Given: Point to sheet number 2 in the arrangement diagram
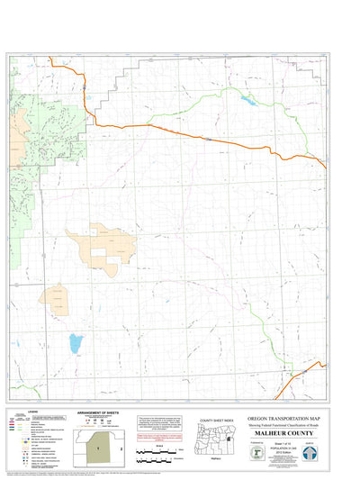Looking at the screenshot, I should (x=121, y=446).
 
